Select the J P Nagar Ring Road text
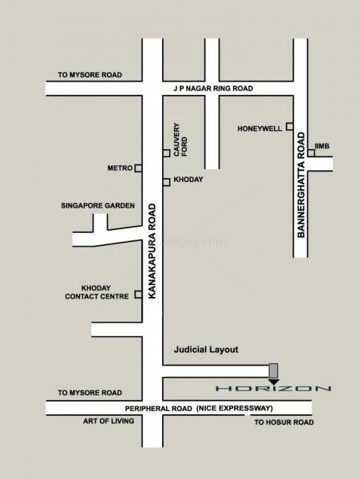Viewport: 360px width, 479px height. point(213,88)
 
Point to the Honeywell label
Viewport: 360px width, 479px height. point(260,128)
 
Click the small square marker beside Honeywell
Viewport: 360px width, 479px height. point(290,126)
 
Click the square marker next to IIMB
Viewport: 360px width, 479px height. point(311,152)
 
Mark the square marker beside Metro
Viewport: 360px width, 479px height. point(138,168)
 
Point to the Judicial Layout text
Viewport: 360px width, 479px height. point(206,350)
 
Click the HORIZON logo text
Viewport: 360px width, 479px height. point(274,389)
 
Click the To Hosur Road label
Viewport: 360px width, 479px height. point(283,422)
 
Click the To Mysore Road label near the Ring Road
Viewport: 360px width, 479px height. point(89,75)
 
